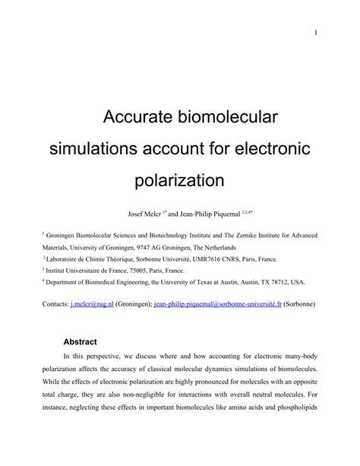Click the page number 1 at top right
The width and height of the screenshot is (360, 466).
click(x=314, y=33)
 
